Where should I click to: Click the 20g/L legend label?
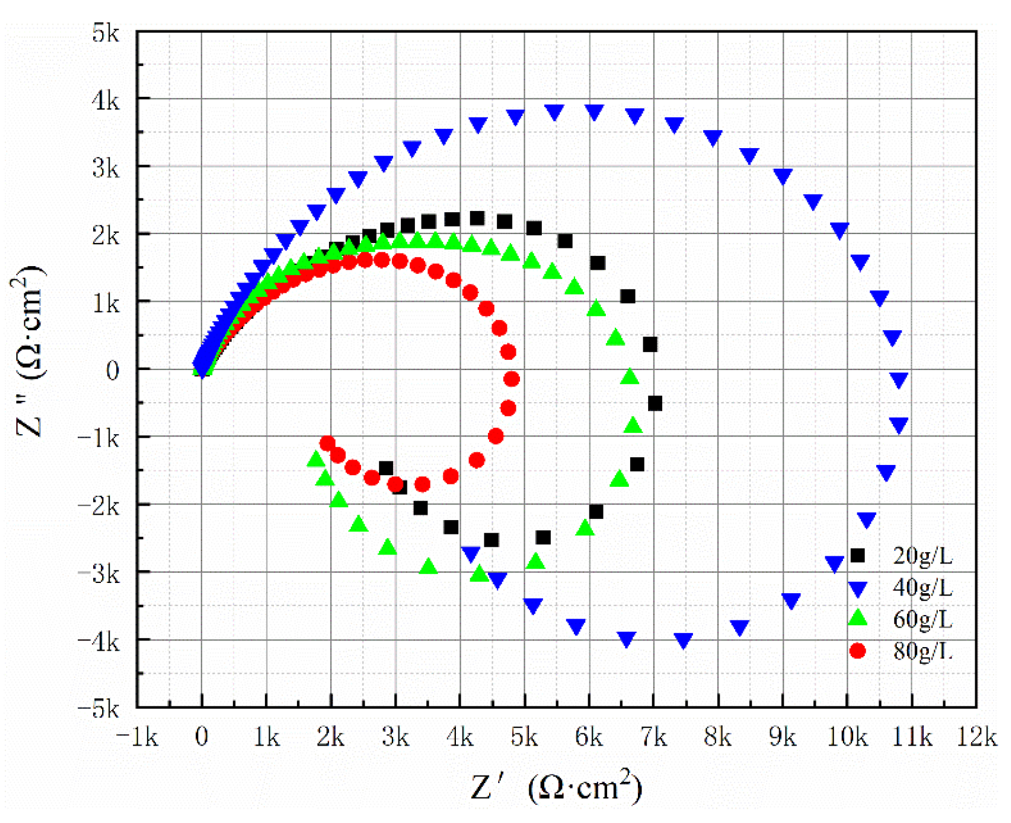tap(922, 556)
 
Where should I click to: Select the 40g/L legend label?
tap(922, 587)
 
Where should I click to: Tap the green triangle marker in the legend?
tap(857, 618)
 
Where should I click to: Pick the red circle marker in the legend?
tap(857, 651)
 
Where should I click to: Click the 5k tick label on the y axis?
tap(106, 33)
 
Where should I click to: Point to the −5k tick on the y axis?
tap(99, 708)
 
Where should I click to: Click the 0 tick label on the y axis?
tap(112, 371)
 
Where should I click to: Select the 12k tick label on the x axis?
tap(976, 737)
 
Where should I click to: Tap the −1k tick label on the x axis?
tap(137, 737)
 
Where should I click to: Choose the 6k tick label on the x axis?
tap(588, 737)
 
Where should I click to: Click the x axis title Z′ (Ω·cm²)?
tap(556, 787)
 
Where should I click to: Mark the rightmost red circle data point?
tap(512, 379)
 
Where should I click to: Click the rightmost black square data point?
tap(655, 403)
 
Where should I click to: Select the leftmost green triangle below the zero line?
tap(316, 460)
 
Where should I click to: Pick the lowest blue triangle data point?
tap(683, 640)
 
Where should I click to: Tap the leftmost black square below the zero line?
tap(386, 468)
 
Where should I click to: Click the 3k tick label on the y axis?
tap(106, 169)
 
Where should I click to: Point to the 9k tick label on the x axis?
tap(782, 737)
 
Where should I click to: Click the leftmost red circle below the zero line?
tap(327, 443)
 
